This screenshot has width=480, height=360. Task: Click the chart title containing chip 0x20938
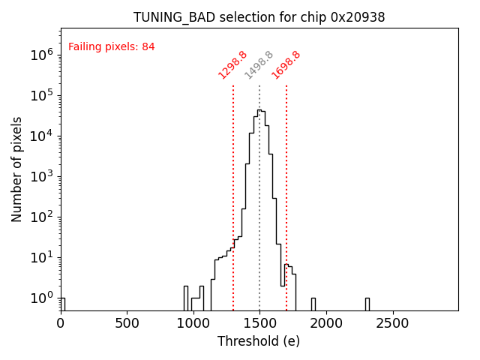pos(259,17)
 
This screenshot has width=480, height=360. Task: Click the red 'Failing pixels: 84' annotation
pos(112,46)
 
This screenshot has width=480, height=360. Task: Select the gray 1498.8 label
pos(259,65)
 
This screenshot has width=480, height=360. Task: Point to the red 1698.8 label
pos(286,65)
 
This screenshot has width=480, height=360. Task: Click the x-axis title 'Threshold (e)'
pos(259,341)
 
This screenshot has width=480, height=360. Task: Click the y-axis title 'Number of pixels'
pos(17,169)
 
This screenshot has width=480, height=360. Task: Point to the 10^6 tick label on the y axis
pos(41,55)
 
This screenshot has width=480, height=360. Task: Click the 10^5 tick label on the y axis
pos(41,95)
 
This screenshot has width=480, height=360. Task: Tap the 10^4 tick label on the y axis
pos(41,136)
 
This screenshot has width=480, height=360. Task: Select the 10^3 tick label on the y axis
pos(41,176)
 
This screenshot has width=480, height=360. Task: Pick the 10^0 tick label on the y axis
pos(41,298)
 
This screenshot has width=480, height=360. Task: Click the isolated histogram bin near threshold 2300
pos(367,304)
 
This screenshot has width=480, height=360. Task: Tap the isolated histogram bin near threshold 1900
pos(313,304)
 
